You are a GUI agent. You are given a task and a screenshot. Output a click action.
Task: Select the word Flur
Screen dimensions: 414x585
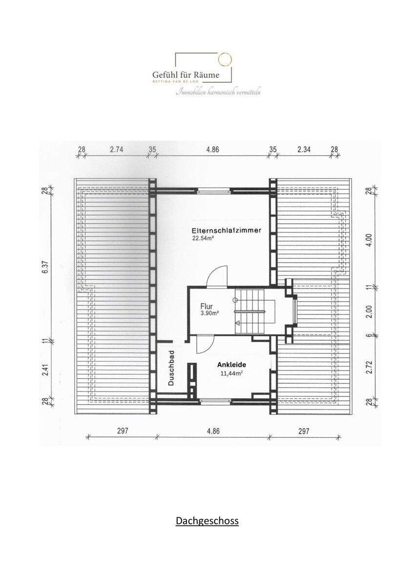tap(207, 307)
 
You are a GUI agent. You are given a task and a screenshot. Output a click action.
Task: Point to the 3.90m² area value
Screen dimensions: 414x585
tap(209, 314)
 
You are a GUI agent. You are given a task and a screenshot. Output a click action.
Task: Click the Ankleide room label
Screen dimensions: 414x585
tap(231, 365)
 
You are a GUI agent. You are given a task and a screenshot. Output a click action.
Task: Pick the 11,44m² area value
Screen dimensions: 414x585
tap(232, 374)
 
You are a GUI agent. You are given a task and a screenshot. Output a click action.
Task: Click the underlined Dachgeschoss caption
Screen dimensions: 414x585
tap(207, 521)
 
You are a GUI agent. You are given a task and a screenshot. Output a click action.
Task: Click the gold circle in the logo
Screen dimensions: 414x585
tap(224, 59)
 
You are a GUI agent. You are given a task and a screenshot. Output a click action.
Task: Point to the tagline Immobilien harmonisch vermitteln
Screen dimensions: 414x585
tap(218, 92)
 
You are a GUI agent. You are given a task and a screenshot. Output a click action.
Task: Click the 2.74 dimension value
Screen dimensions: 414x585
tap(116, 150)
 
